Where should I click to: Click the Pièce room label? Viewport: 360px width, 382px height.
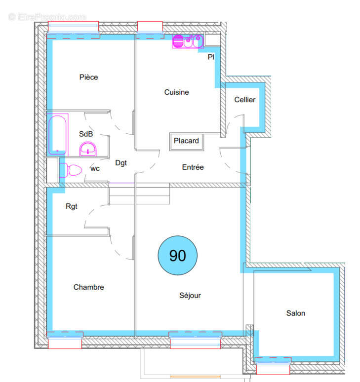[88, 77]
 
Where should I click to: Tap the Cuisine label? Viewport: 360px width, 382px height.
[176, 92]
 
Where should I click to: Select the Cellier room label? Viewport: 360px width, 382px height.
[244, 100]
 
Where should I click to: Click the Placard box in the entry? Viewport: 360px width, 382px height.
[186, 141]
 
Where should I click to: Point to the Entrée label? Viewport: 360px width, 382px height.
[193, 167]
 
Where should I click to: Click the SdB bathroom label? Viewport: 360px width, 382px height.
[86, 134]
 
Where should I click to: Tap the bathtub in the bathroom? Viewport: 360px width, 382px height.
[57, 134]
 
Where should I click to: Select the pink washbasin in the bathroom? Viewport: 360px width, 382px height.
[88, 149]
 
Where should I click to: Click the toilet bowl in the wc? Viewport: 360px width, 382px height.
[74, 170]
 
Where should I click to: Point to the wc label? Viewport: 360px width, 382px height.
[95, 168]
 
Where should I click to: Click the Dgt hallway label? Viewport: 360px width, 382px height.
[121, 162]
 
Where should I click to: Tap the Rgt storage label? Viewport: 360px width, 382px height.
[72, 206]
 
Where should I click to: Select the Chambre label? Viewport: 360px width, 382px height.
[89, 287]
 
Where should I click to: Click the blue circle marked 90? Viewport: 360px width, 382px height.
[177, 255]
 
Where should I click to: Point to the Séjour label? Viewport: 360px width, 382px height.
[190, 296]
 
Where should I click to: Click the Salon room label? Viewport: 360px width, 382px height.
[295, 313]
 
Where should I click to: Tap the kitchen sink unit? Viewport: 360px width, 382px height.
[187, 41]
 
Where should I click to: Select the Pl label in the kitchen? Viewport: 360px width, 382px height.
[211, 57]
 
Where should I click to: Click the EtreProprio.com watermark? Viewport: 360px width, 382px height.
[47, 17]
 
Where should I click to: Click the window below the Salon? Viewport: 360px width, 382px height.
[273, 368]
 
